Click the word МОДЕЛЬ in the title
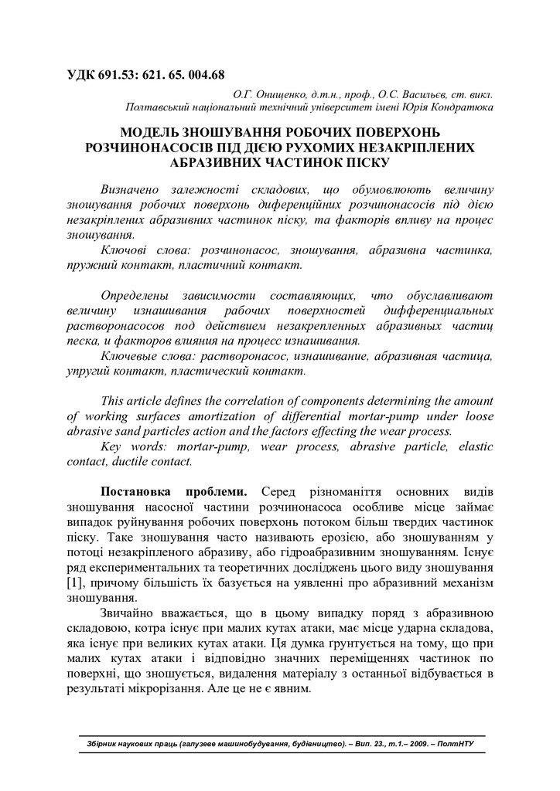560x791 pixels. pyautogui.click(x=152, y=132)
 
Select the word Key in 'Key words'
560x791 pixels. pyautogui.click(x=113, y=446)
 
